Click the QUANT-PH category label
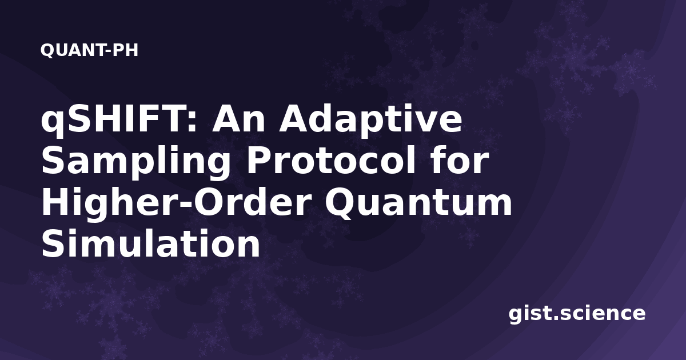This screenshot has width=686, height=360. [89, 50]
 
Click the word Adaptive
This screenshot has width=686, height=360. [370, 121]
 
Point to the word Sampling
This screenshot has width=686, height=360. [136, 162]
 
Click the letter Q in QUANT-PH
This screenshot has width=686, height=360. [47, 51]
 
